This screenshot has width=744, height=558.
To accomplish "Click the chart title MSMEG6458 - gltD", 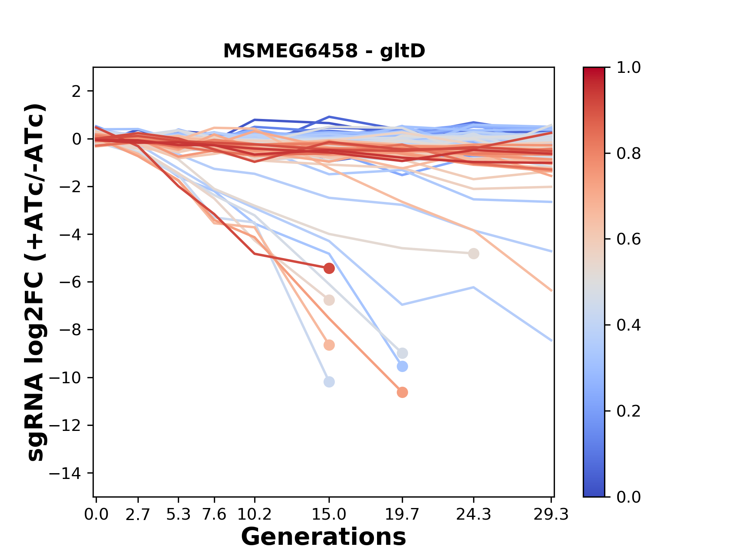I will pyautogui.click(x=324, y=51).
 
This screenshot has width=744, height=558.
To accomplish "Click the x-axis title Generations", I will pyautogui.click(x=324, y=537).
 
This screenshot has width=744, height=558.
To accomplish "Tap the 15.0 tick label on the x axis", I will pyautogui.click(x=329, y=515).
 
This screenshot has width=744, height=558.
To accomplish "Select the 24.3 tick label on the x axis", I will pyautogui.click(x=473, y=515).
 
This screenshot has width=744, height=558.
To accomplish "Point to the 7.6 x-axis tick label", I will pyautogui.click(x=214, y=515).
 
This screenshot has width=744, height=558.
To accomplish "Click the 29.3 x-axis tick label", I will pyautogui.click(x=551, y=515).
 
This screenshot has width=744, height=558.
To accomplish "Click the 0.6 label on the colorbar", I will pyautogui.click(x=629, y=239).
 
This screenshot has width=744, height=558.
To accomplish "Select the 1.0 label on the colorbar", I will pyautogui.click(x=629, y=68).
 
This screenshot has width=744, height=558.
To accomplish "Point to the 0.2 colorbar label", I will pyautogui.click(x=629, y=411).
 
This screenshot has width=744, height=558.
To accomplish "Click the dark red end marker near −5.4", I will pyautogui.click(x=329, y=268).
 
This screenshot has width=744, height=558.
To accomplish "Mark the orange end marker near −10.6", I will pyautogui.click(x=402, y=393).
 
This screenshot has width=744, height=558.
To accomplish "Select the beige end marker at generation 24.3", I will pyautogui.click(x=474, y=254).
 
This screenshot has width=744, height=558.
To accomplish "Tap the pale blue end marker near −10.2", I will pyautogui.click(x=329, y=382).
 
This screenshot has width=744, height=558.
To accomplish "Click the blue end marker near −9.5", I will pyautogui.click(x=402, y=366).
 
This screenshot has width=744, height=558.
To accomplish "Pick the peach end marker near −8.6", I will pyautogui.click(x=329, y=345).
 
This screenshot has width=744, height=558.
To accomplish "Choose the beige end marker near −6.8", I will pyautogui.click(x=329, y=300).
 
